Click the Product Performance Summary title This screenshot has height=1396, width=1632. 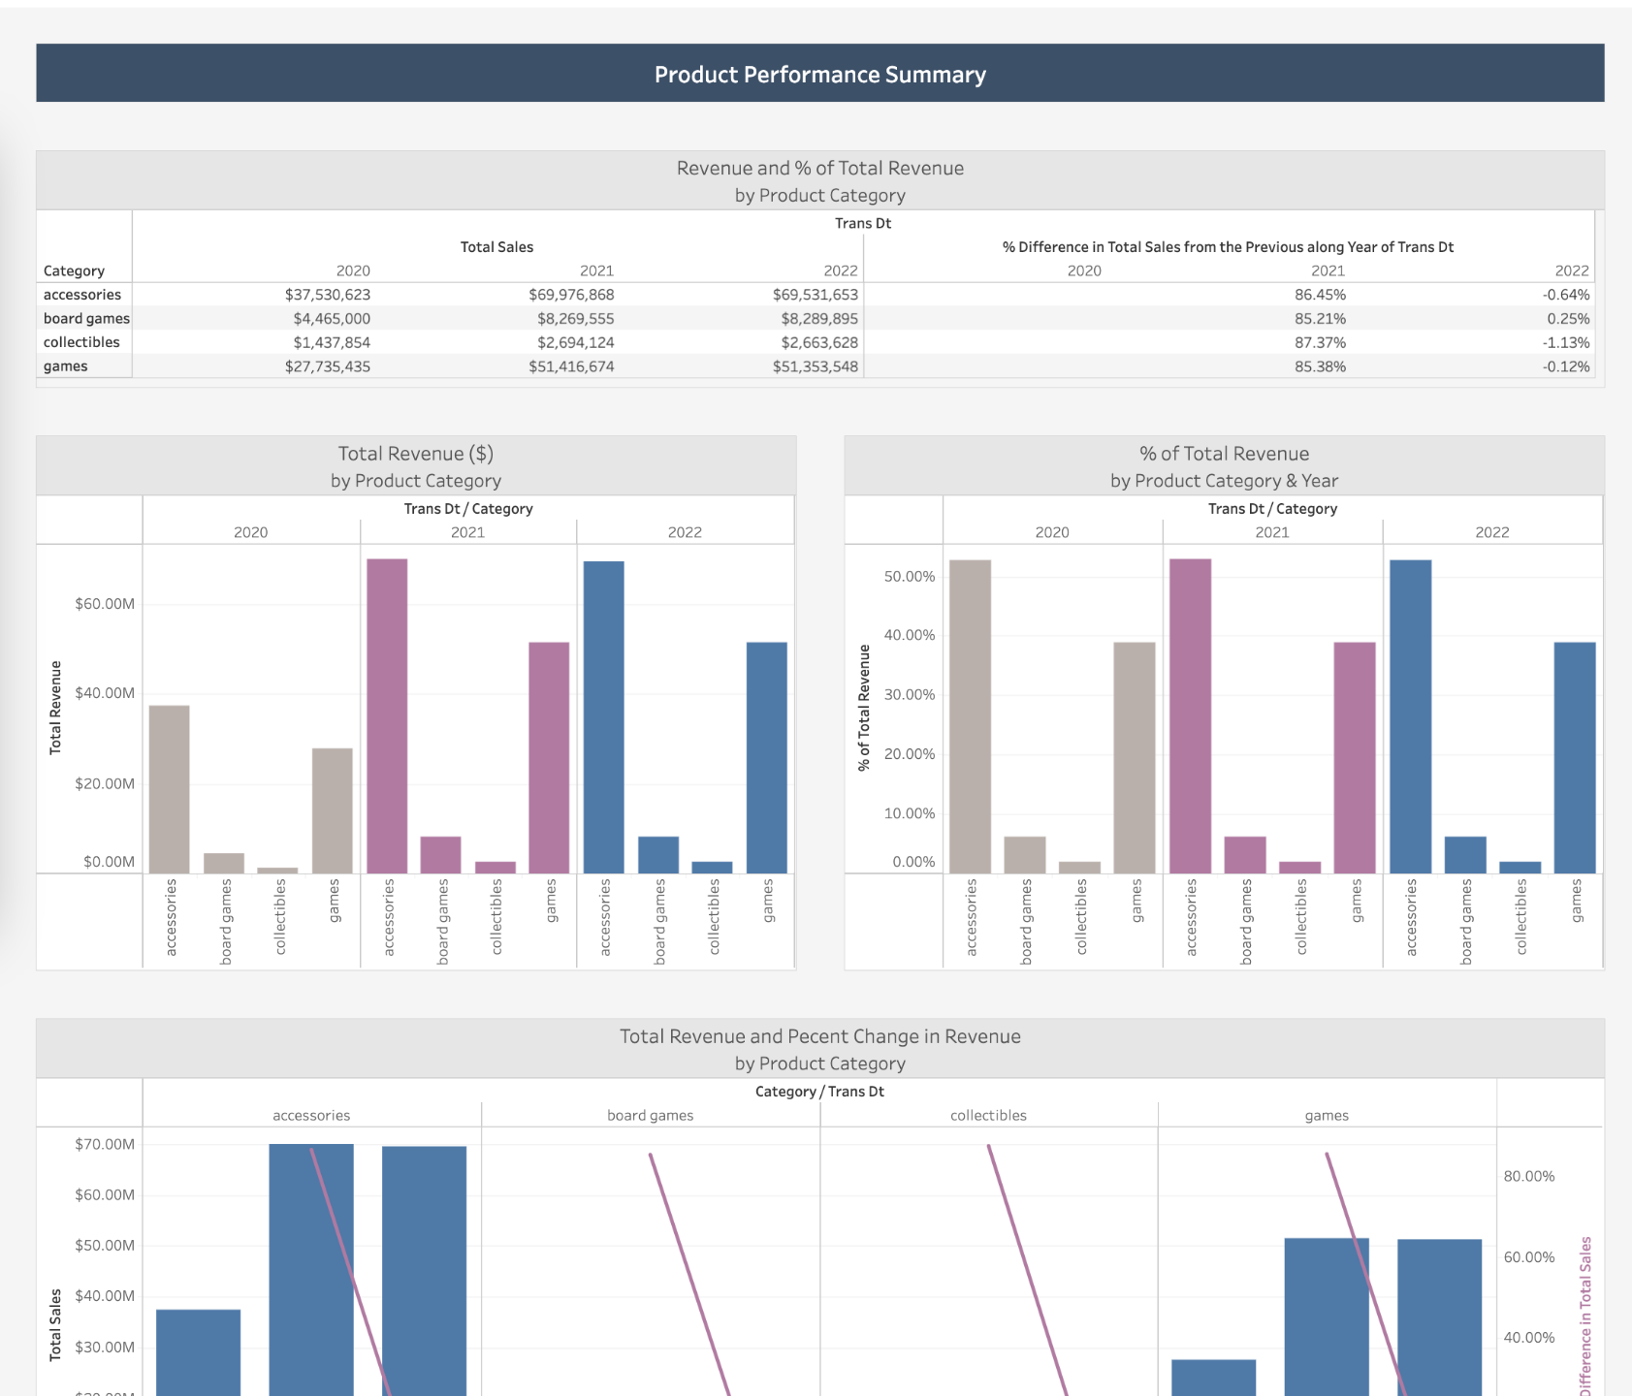pyautogui.click(x=819, y=75)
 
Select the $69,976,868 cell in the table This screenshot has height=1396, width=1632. pyautogui.click(x=571, y=295)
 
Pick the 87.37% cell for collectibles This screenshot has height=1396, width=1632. pyautogui.click(x=1320, y=342)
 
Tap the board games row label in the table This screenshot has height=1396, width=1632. pyautogui.click(x=85, y=318)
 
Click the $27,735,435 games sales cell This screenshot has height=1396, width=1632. pyautogui.click(x=328, y=366)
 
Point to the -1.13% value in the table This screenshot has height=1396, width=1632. pyautogui.click(x=1566, y=342)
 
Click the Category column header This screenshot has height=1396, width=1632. pyautogui.click(x=74, y=270)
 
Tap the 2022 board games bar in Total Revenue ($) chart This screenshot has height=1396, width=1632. pyautogui.click(x=658, y=854)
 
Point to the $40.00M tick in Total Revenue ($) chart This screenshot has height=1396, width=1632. pyautogui.click(x=105, y=693)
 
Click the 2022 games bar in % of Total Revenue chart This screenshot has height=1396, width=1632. pyautogui.click(x=1575, y=757)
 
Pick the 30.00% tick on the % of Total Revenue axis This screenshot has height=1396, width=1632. pyautogui.click(x=909, y=695)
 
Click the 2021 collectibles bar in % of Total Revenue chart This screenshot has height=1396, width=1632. pyautogui.click(x=1300, y=867)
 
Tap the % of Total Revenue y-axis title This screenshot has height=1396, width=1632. pyautogui.click(x=864, y=708)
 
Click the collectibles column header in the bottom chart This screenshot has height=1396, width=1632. pyautogui.click(x=988, y=1115)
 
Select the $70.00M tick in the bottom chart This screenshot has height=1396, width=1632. pyautogui.click(x=105, y=1144)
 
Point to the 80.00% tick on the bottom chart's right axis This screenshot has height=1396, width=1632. pyautogui.click(x=1528, y=1176)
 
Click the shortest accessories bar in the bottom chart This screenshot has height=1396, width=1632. pyautogui.click(x=198, y=1352)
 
